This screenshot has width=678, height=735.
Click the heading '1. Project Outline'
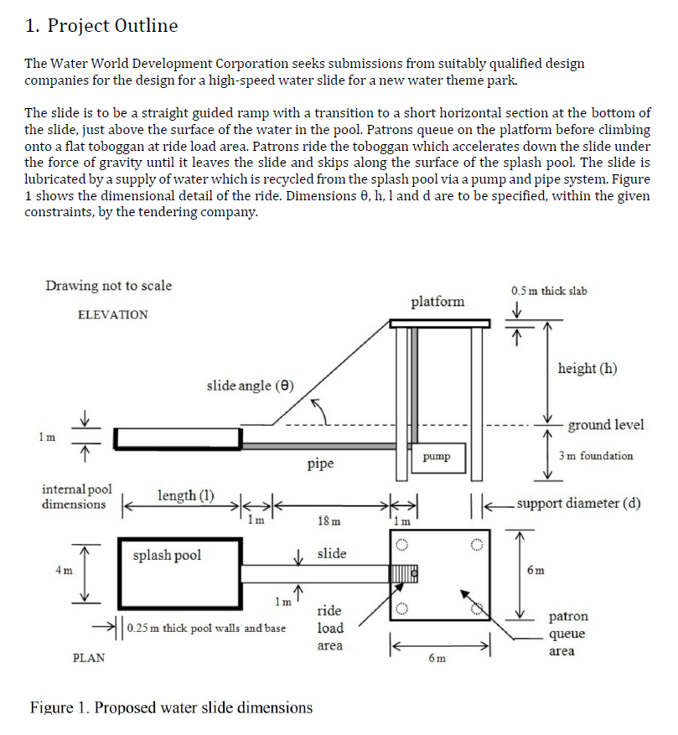click(101, 26)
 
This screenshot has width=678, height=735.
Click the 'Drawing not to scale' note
click(108, 286)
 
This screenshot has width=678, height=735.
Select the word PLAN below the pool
click(90, 657)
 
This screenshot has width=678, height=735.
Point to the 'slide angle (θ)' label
click(251, 386)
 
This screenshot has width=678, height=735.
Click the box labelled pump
click(437, 458)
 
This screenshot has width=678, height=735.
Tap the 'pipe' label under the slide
click(321, 463)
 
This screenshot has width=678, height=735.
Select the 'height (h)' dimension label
click(587, 369)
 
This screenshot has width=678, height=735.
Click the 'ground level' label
click(606, 424)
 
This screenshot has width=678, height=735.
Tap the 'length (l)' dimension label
click(186, 495)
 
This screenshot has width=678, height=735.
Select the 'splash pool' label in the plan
click(167, 555)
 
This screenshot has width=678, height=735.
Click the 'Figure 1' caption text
click(171, 707)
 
